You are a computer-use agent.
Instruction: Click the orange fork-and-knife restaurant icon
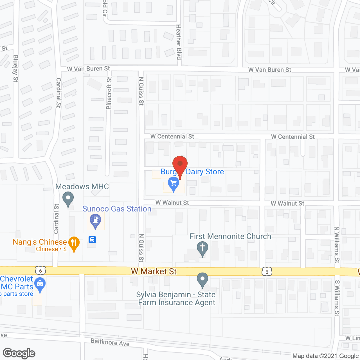[74, 244]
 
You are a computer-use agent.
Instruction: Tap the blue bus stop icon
[92, 240]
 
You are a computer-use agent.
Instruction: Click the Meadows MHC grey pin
[68, 198]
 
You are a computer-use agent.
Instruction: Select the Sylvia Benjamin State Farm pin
[202, 280]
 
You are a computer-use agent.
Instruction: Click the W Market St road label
[154, 271]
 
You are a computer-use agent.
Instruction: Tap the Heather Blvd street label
[178, 42]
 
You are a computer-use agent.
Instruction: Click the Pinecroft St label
[109, 93]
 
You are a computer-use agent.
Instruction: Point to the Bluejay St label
[15, 68]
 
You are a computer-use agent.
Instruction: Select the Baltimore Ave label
[110, 342]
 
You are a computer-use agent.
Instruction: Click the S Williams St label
[337, 298]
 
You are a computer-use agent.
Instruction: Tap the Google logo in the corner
[19, 353]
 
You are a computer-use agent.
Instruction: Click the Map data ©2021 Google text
[326, 356]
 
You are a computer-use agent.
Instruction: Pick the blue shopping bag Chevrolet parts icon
[40, 285]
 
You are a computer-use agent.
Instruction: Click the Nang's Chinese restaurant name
[40, 242]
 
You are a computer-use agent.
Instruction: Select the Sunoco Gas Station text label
[117, 209]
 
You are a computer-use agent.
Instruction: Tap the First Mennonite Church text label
[230, 236]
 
